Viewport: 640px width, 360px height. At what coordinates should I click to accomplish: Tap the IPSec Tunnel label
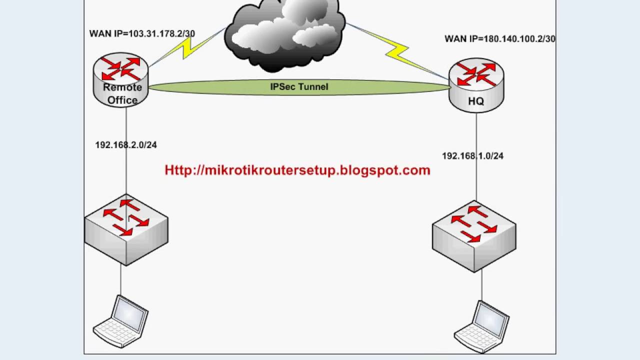click(299, 87)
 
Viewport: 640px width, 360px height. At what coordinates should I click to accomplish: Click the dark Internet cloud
click(284, 34)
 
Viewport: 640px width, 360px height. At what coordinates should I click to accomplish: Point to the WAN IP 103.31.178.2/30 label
click(142, 34)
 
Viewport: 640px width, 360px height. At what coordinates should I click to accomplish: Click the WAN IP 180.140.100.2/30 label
click(499, 39)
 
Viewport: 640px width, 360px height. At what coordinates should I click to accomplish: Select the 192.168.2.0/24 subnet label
click(126, 145)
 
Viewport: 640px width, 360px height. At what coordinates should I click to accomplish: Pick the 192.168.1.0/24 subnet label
click(472, 156)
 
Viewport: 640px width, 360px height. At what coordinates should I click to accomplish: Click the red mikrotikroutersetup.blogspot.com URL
click(297, 170)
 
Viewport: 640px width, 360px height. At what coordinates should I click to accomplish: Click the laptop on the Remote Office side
click(121, 320)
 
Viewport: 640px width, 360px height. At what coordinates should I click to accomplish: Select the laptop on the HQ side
click(482, 325)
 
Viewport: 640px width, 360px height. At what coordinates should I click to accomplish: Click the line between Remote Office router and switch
click(126, 170)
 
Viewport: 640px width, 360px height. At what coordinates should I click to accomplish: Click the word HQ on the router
click(476, 101)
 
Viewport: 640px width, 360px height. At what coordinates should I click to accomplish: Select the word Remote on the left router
click(122, 87)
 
